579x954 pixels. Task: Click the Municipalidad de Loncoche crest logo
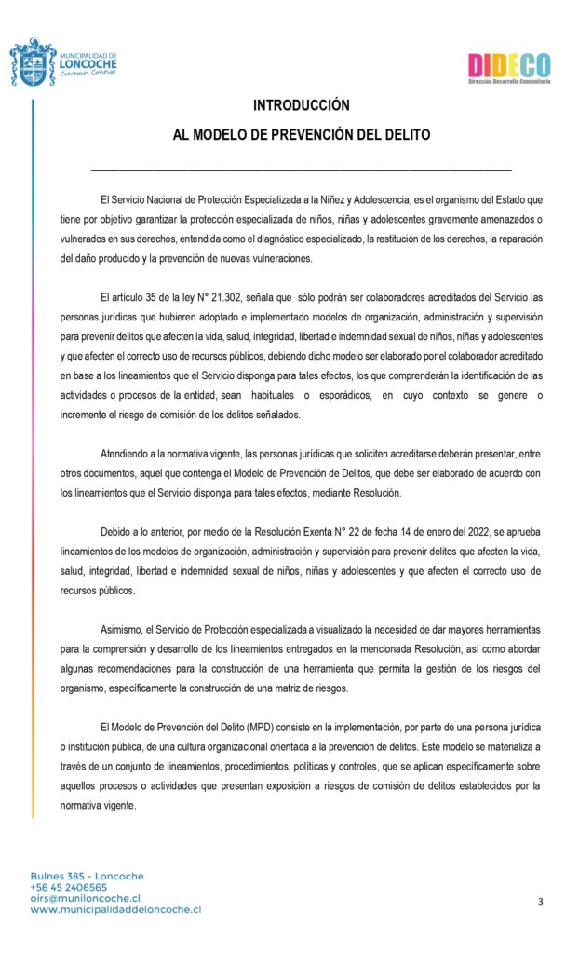33,62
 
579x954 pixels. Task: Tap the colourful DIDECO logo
508,66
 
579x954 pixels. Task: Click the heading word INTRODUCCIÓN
302,105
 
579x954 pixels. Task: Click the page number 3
540,901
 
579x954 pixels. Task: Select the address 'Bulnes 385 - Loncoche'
74,876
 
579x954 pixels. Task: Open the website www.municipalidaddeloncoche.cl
115,909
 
